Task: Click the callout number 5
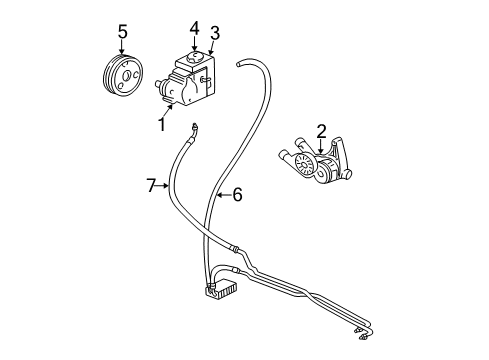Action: tap(122, 33)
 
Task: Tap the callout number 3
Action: tap(214, 33)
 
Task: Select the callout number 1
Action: tap(161, 124)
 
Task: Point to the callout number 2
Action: tap(321, 130)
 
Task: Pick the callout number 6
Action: tap(237, 196)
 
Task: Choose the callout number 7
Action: tap(152, 184)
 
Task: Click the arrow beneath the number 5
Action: tap(122, 50)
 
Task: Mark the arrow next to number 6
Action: tap(222, 196)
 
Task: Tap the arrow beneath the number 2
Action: tap(321, 146)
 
